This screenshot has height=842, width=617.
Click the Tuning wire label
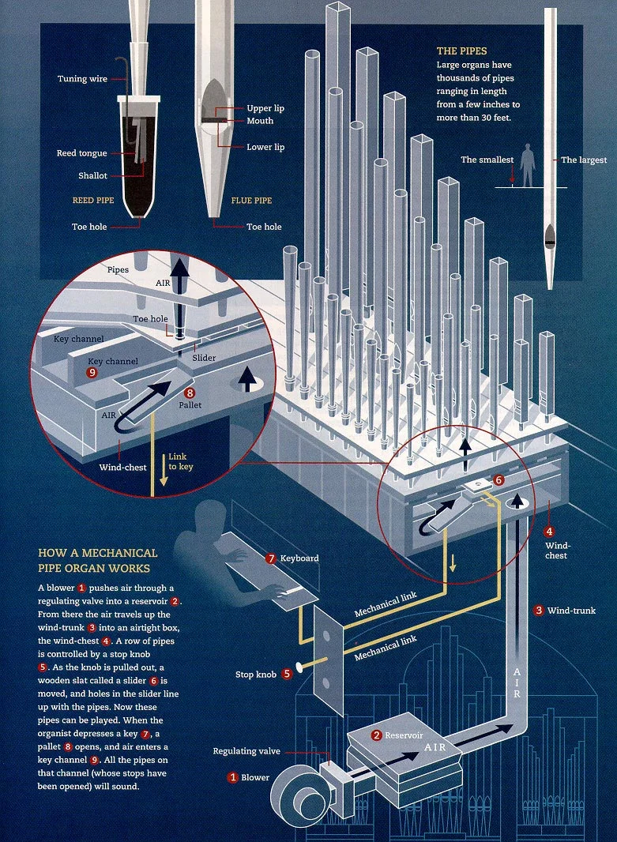click(82, 79)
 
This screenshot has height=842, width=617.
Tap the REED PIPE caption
click(93, 201)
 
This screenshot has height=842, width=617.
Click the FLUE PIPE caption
click(251, 201)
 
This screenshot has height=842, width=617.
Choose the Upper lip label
click(265, 108)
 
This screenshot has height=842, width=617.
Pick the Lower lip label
click(265, 147)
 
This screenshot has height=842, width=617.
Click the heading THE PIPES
click(462, 51)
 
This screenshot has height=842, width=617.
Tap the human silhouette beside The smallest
click(527, 164)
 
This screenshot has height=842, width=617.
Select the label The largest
click(584, 160)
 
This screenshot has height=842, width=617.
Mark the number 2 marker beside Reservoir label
click(377, 735)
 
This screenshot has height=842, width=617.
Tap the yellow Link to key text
click(180, 461)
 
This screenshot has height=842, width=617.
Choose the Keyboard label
click(299, 558)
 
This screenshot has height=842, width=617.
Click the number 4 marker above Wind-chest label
click(549, 532)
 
